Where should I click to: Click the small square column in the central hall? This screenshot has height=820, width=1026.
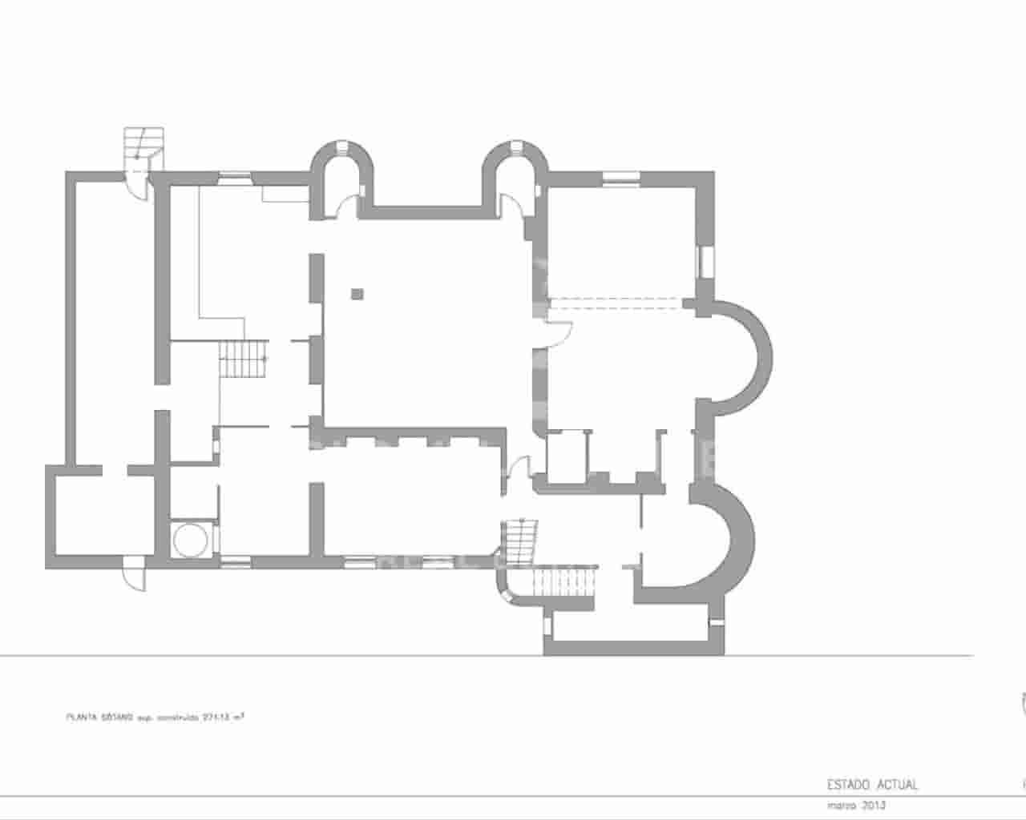click(x=357, y=294)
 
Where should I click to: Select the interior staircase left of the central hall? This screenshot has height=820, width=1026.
click(x=244, y=360)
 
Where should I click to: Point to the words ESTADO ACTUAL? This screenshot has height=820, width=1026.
click(x=872, y=785)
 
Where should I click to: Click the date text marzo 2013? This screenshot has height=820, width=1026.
click(x=856, y=806)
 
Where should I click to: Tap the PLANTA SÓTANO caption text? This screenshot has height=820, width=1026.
click(x=154, y=717)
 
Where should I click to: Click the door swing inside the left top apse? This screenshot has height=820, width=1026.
click(x=345, y=206)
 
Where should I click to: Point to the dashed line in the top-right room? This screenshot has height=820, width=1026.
click(x=617, y=301)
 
